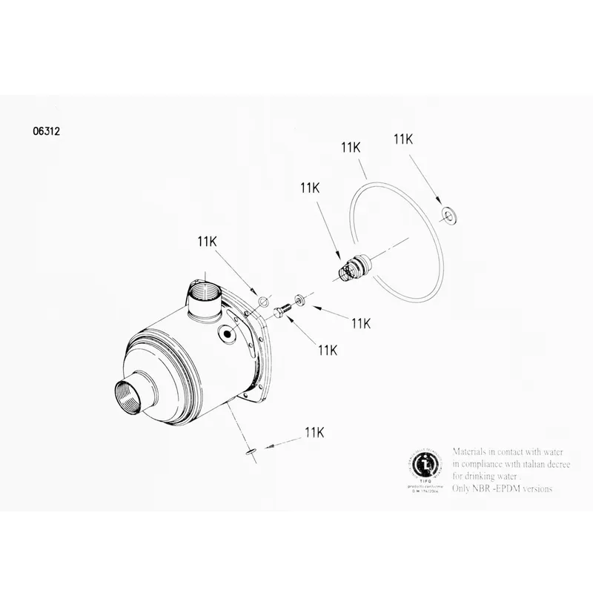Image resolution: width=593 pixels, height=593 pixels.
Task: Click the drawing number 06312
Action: [x=46, y=133]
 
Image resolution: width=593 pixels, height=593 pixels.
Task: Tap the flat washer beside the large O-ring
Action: [x=448, y=215]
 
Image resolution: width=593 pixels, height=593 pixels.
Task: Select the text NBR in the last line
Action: [x=485, y=488]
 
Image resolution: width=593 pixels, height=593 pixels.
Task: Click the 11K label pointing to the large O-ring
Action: [x=351, y=148]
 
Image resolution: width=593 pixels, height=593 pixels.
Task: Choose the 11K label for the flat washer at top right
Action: [x=403, y=139]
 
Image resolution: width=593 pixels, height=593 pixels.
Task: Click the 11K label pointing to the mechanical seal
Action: [x=310, y=188]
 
